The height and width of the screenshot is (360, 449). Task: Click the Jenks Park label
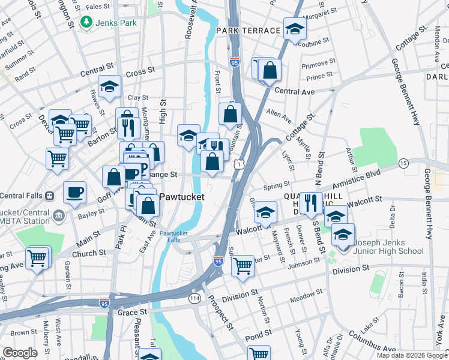point(118,23)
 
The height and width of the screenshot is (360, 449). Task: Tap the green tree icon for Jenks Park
point(88,22)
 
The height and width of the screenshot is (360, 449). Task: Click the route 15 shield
point(403,163)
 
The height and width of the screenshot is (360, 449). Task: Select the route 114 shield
point(194,298)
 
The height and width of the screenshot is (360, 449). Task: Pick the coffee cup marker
point(75,193)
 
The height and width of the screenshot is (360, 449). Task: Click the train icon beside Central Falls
point(50,196)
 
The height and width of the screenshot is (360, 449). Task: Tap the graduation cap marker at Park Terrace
point(295,29)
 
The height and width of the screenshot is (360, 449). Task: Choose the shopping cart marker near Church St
point(37,259)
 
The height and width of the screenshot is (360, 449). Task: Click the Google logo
point(20,353)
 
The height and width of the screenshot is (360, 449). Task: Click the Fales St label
point(98,7)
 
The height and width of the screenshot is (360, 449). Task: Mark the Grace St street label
point(132,313)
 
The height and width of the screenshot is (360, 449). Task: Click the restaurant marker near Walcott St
point(310,203)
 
